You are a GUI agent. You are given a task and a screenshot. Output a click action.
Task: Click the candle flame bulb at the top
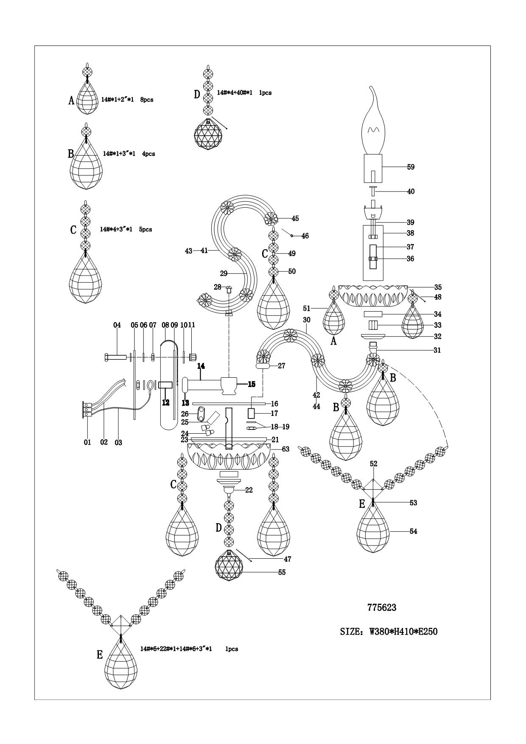click(373, 127)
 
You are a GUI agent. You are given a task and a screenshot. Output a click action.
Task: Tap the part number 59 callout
click(411, 167)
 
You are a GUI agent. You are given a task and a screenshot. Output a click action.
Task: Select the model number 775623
click(381, 607)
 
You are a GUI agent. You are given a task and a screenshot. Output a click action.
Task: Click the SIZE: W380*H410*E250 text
click(389, 632)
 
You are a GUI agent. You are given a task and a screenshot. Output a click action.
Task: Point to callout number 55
click(282, 572)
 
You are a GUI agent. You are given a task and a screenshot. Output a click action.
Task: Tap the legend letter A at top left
click(72, 100)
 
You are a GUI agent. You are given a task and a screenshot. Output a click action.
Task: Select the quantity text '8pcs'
click(146, 100)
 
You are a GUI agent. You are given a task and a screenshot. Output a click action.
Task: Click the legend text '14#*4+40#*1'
click(235, 92)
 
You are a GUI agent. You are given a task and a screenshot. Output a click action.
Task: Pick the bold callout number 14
click(201, 365)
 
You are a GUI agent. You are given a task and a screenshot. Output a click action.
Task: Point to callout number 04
click(117, 325)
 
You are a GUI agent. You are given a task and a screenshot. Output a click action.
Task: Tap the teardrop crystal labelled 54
click(373, 530)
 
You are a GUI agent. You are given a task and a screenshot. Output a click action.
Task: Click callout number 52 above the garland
click(373, 464)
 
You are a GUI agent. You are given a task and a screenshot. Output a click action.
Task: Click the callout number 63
click(285, 449)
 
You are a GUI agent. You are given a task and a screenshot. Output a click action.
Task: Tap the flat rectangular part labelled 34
click(373, 314)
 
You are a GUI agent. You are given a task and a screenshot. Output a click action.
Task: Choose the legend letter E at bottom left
click(100, 655)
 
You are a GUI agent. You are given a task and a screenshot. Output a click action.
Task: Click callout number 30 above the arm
click(307, 320)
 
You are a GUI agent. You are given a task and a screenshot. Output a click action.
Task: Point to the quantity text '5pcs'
click(145, 229)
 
